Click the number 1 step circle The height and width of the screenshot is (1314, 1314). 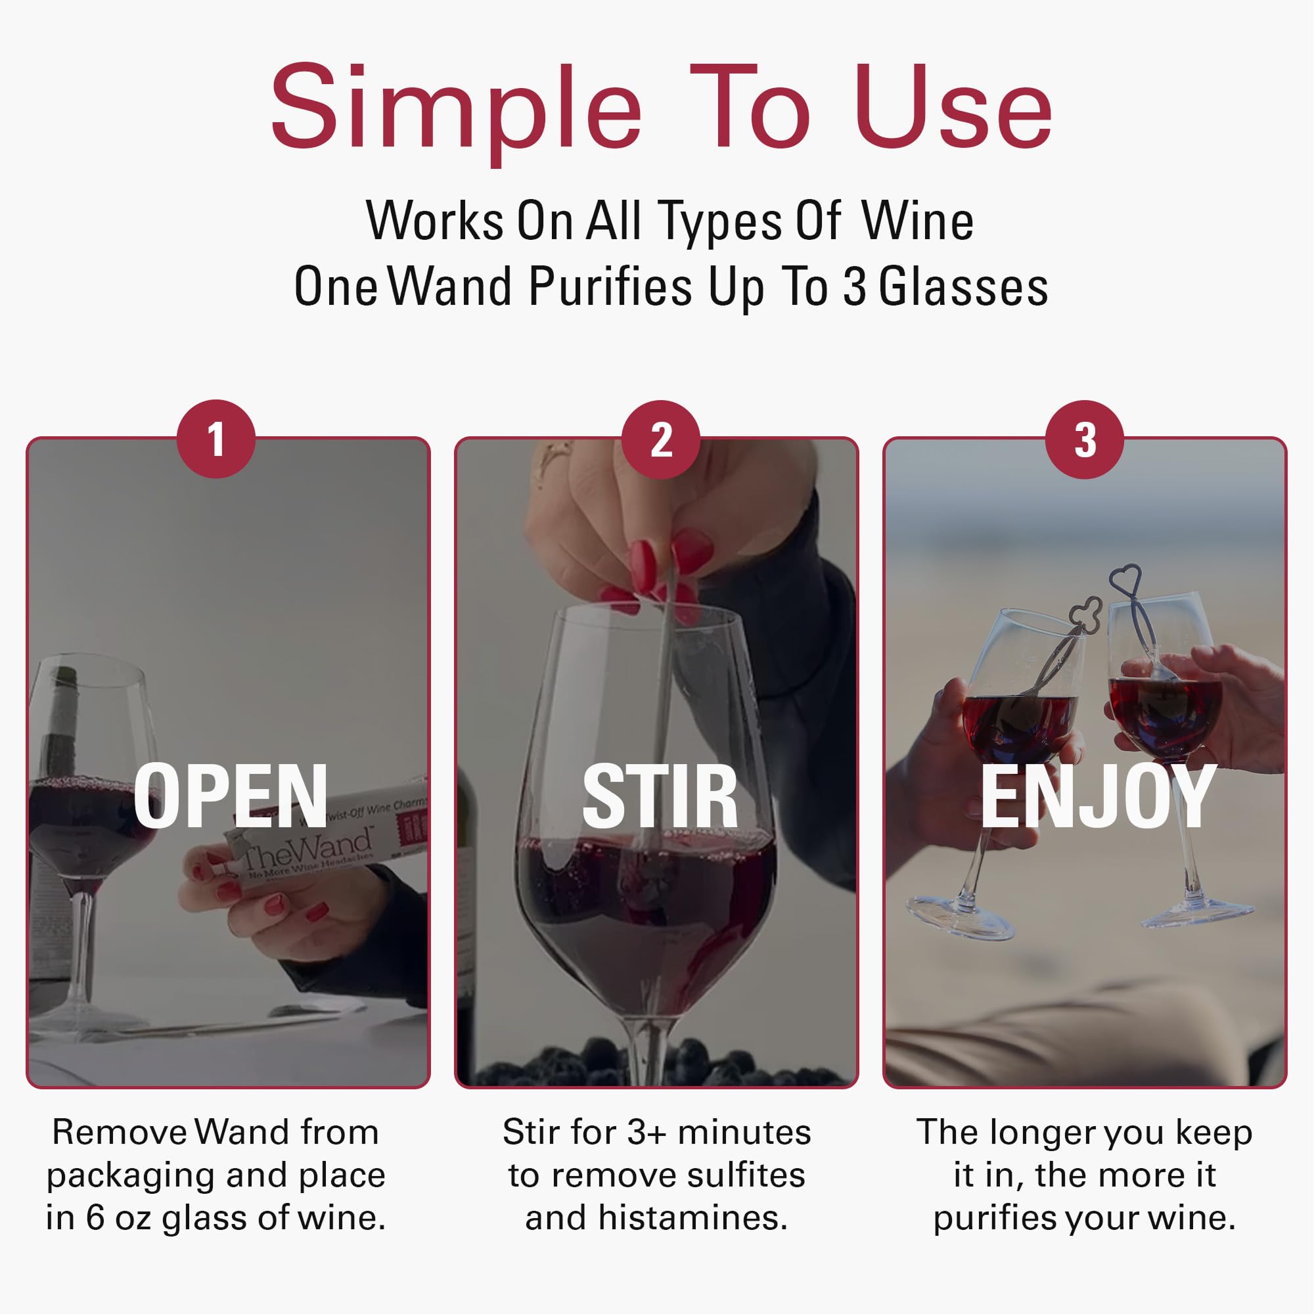[215, 440]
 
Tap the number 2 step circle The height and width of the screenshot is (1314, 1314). [661, 440]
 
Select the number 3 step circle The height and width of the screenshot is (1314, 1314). [1085, 440]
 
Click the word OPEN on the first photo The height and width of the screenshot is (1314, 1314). [231, 796]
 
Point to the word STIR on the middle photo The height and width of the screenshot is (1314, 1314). [660, 796]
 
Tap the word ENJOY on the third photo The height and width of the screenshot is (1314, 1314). [1098, 796]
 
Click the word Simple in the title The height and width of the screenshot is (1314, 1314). [456, 109]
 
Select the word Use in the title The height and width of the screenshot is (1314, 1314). [952, 109]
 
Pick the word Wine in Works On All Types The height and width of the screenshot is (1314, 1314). [918, 221]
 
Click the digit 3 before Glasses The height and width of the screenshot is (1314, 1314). [854, 287]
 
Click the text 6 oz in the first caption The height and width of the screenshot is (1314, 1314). [120, 1217]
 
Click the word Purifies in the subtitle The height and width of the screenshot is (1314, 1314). [610, 287]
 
